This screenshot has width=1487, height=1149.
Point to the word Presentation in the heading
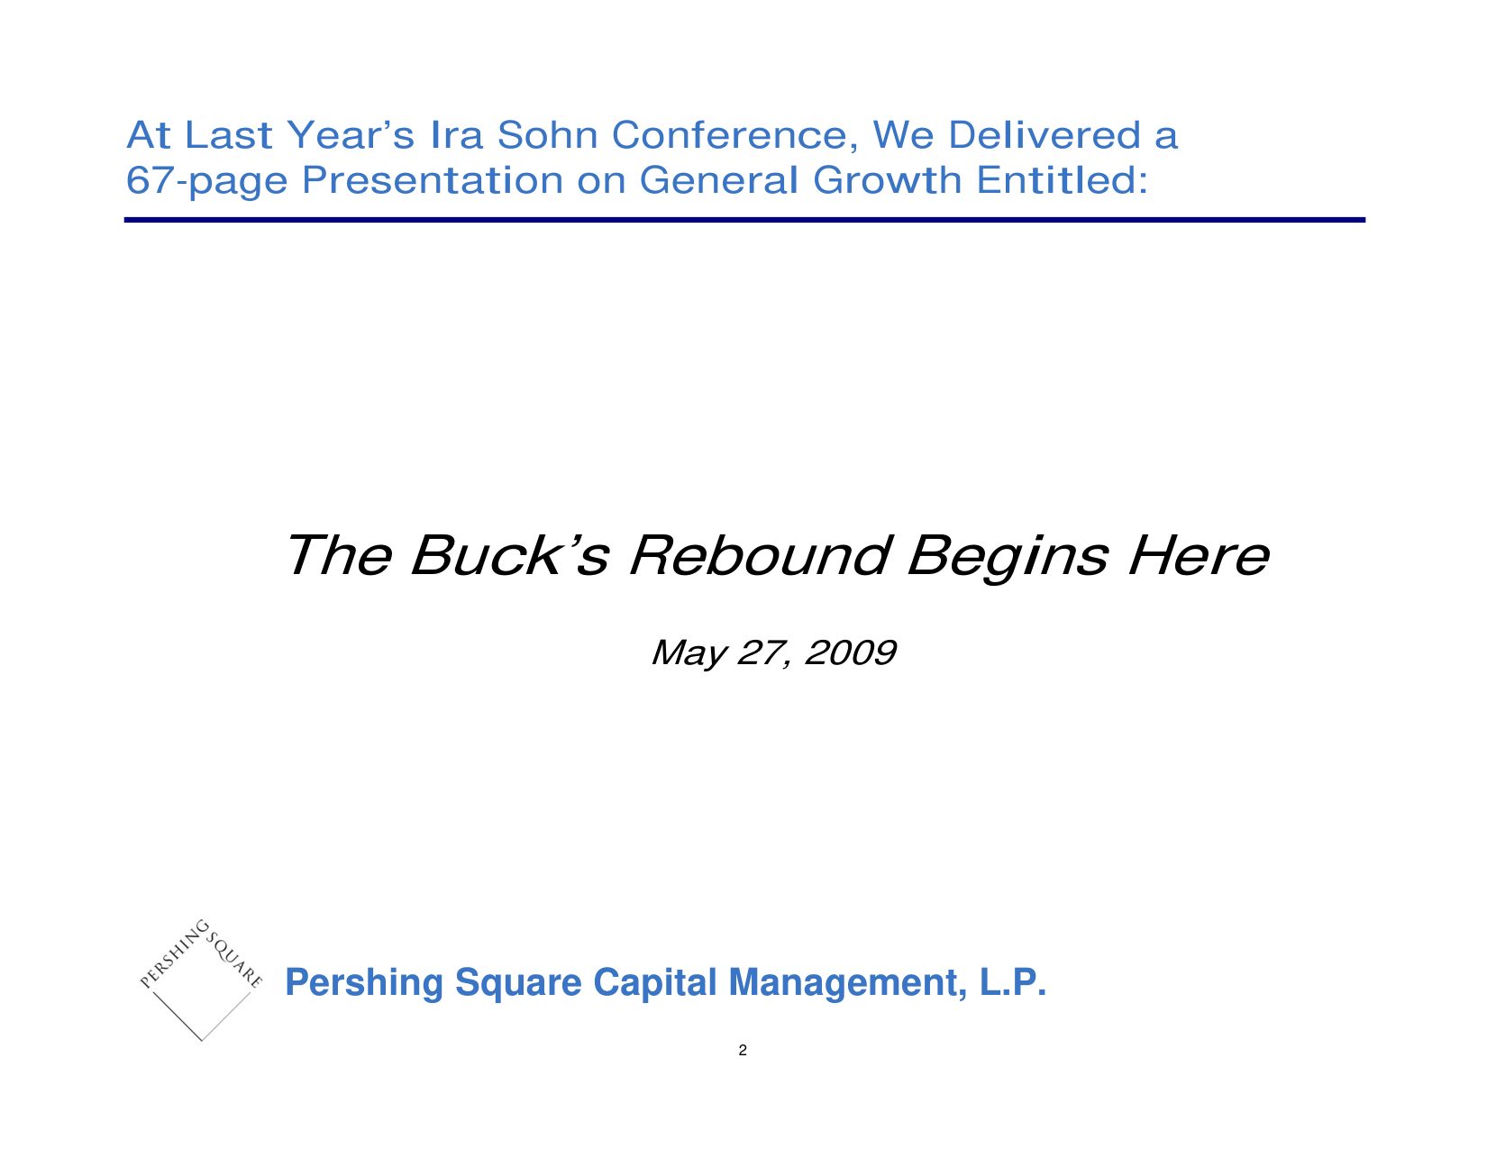tap(432, 180)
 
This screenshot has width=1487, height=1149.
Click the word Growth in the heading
tap(888, 180)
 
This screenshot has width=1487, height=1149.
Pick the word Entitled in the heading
tap(1062, 180)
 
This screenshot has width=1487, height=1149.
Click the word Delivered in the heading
tap(1045, 135)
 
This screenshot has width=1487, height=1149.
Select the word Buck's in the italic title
tap(509, 555)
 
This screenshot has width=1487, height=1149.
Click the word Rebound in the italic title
tap(761, 555)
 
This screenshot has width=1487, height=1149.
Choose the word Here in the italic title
tap(1199, 555)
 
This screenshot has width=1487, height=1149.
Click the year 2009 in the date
tap(850, 652)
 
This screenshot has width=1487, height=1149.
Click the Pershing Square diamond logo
tap(201, 980)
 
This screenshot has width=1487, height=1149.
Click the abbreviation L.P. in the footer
tap(1013, 982)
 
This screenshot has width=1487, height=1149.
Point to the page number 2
tap(743, 1051)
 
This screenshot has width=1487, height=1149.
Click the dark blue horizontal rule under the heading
tap(744, 220)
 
